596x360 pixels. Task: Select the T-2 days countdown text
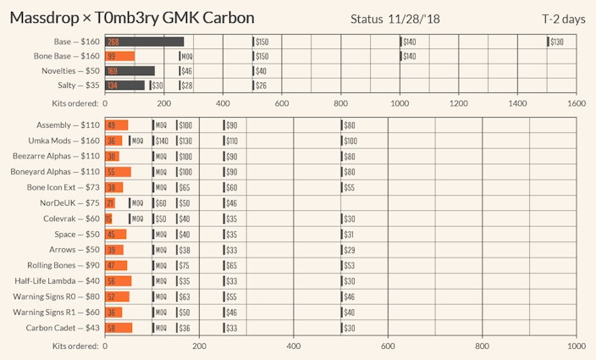[564, 19]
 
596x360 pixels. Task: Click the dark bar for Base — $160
[145, 42]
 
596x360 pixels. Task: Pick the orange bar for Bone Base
[119, 56]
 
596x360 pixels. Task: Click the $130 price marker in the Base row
[555, 42]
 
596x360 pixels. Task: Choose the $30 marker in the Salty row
[156, 86]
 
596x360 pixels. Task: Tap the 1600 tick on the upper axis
[577, 102]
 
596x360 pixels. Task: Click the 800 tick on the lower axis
[483, 346]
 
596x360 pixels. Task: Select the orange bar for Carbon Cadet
[119, 328]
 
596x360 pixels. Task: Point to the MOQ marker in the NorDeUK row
[135, 203]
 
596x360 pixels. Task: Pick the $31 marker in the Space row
[347, 235]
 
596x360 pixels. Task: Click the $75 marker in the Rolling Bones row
[183, 266]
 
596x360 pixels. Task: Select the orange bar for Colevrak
[108, 219]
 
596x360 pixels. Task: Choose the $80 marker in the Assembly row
[347, 125]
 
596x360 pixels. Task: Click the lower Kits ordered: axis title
[76, 346]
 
